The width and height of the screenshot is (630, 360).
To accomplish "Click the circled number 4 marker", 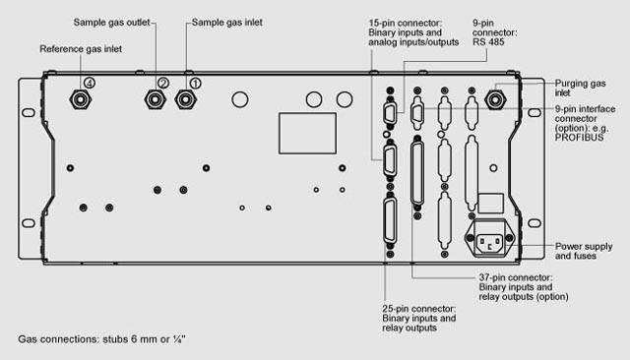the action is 90,83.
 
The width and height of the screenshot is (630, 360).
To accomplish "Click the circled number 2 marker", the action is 163,83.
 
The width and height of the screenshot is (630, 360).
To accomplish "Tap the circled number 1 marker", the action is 195,84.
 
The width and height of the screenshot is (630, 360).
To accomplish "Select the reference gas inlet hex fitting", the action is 81,99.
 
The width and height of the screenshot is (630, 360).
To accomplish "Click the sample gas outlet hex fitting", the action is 156,99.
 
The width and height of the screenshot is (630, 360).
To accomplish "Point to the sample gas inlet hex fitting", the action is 186,99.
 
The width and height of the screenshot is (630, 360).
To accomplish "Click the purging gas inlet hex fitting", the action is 495,99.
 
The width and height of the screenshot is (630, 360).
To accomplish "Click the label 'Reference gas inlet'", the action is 81,49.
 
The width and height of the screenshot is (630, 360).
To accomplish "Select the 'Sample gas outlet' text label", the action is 111,23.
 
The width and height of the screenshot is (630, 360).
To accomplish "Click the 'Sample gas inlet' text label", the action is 227,23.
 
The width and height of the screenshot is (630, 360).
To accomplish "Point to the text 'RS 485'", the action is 488,42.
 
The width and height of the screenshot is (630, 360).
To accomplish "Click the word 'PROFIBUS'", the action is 580,138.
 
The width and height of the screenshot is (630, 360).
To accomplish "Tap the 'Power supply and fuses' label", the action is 584,251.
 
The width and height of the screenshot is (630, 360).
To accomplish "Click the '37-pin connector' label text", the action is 516,277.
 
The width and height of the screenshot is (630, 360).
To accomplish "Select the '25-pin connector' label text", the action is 419,309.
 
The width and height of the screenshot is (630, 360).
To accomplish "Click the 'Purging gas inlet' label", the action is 580,88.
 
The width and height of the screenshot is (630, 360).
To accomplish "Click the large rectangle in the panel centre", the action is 308,133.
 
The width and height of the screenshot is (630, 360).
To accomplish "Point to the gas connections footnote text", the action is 101,339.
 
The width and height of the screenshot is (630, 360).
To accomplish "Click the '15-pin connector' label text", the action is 406,23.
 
